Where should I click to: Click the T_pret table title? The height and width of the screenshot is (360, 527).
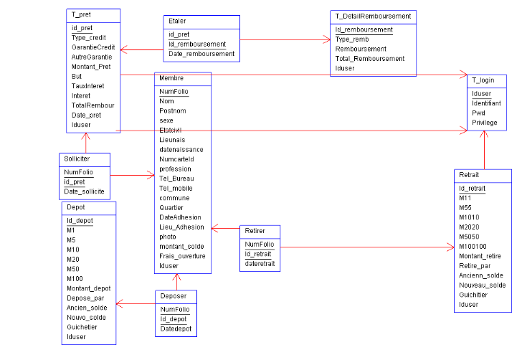pos(81,14)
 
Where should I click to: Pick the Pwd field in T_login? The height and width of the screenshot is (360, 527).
pos(479,113)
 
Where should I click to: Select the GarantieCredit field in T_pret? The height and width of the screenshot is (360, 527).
pos(93,47)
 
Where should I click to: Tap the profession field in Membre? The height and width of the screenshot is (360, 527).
pos(176,169)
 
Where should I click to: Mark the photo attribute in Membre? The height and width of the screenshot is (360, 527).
pos(167,237)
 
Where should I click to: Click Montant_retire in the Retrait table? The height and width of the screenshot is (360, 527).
pos(479,256)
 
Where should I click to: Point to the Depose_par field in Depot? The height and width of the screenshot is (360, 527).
pos(85,298)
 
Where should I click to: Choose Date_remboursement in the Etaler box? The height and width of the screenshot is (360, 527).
pos(201,54)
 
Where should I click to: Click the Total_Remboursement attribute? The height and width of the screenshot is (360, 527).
pos(369,59)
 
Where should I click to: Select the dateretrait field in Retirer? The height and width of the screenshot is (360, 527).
pos(260,264)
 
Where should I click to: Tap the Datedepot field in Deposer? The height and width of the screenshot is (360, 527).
pos(175,329)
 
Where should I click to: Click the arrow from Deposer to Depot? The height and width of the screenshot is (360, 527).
pos(136,305)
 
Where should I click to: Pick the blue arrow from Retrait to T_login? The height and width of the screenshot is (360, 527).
pos(485,151)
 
